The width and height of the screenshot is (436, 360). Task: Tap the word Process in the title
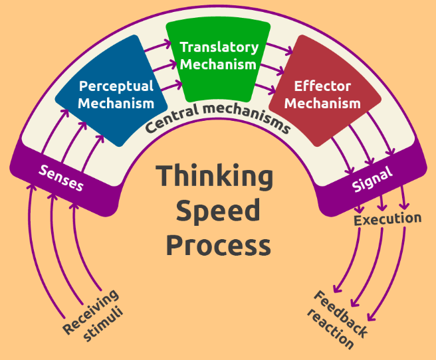(x=218, y=245)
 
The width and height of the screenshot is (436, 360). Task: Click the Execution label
(x=387, y=219)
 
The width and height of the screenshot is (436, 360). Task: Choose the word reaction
(x=331, y=330)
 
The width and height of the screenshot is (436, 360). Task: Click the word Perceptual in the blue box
(x=116, y=86)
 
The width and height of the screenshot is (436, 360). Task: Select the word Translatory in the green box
(x=219, y=48)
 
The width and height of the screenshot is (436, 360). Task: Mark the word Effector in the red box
(x=322, y=87)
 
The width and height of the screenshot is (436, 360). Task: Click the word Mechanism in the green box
(x=218, y=64)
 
